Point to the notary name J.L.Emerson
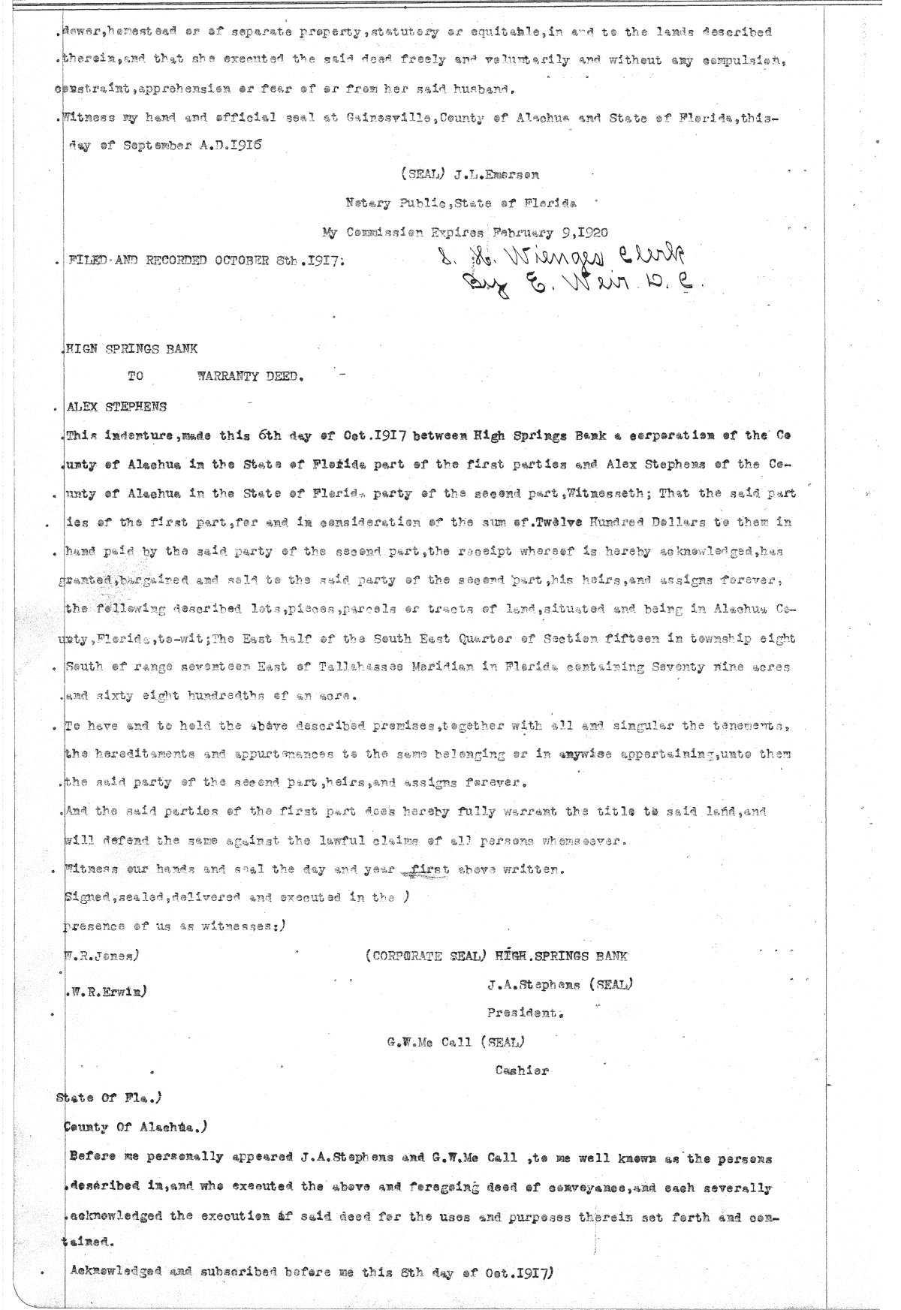point(497,175)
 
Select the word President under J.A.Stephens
point(525,1012)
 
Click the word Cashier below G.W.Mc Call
point(522,1071)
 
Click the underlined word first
point(426,869)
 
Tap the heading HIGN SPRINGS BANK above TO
point(132,349)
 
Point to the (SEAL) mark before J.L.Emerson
point(424,175)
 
